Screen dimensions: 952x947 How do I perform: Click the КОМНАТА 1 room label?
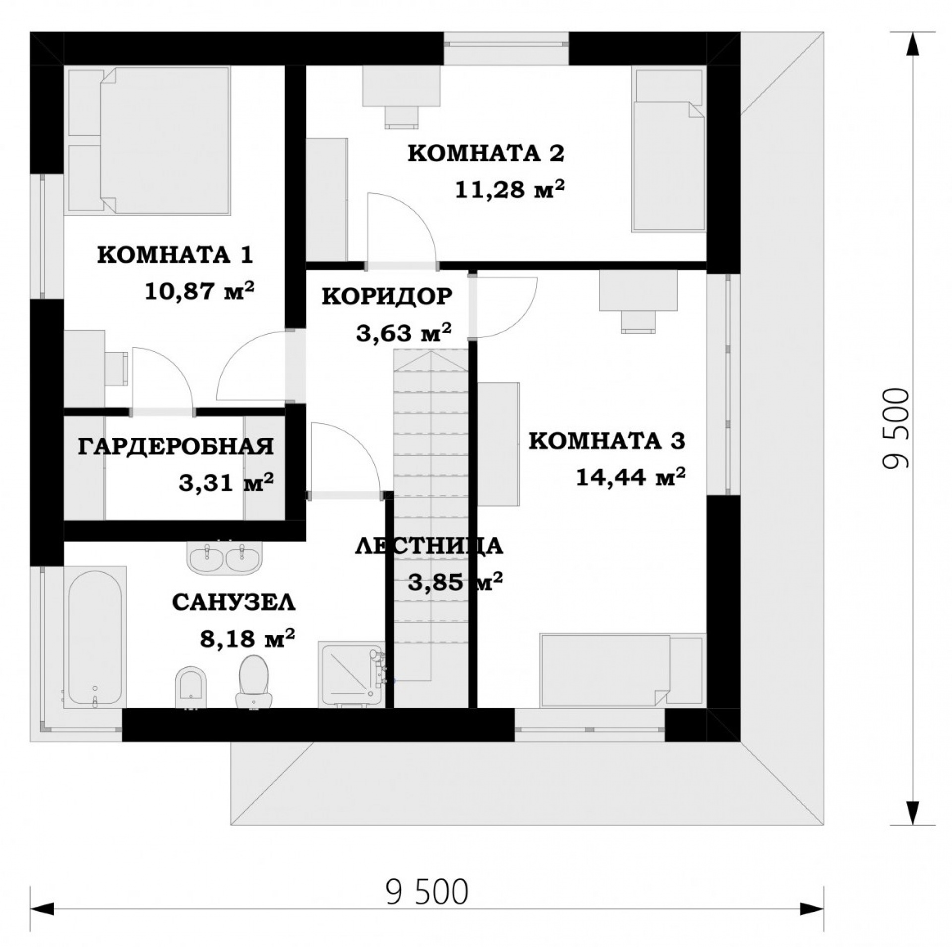tap(176, 256)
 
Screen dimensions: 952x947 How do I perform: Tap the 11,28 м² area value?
tap(511, 189)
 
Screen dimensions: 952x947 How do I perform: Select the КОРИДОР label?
tap(387, 296)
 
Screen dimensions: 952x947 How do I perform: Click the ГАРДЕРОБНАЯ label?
tap(176, 446)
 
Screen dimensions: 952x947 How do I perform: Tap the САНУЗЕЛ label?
tap(234, 603)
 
